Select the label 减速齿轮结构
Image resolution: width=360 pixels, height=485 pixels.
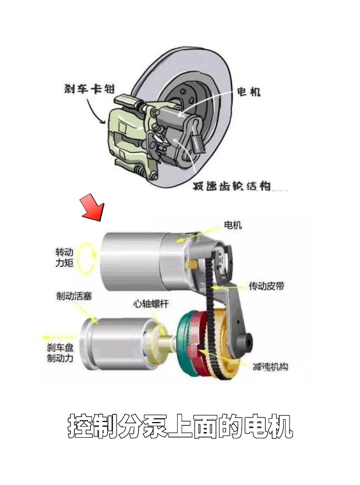tap(232, 186)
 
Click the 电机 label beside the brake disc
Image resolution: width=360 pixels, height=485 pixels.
tap(248, 92)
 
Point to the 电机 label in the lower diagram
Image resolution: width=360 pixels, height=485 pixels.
tap(233, 225)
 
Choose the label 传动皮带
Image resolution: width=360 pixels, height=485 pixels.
tap(267, 286)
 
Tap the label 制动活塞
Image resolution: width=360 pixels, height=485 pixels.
tap(74, 296)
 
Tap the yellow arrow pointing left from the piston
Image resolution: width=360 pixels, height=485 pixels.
tap(56, 336)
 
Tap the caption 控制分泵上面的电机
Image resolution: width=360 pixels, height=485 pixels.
tap(180, 427)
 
